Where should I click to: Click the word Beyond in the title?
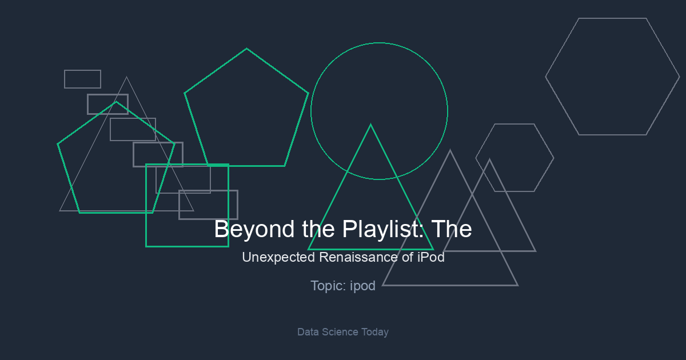[x=254, y=229]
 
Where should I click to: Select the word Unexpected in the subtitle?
[x=278, y=257]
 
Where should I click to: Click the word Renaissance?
[x=358, y=257]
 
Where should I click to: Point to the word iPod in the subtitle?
[x=431, y=257]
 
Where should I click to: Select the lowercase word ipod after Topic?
[x=362, y=286]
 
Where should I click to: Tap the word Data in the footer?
[x=308, y=332]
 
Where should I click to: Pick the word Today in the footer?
[x=375, y=332]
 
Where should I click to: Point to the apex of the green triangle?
[x=370, y=125]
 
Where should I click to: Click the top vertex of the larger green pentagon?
[x=246, y=49]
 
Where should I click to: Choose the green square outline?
[x=146, y=205]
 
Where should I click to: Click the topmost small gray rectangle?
[x=83, y=70]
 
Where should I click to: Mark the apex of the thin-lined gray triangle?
[x=126, y=77]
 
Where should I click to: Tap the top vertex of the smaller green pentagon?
[x=116, y=102]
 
